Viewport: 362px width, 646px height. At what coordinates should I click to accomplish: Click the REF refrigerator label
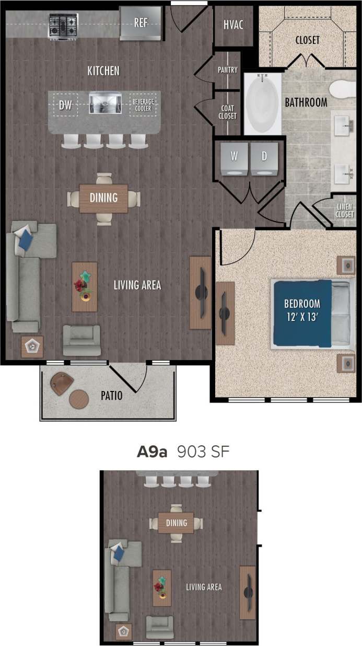pyautogui.click(x=141, y=22)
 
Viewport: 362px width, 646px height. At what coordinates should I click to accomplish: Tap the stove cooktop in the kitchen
pyautogui.click(x=63, y=24)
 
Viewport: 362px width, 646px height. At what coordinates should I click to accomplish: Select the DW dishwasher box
pyautogui.click(x=65, y=105)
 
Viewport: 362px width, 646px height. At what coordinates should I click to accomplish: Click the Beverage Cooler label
pyautogui.click(x=143, y=105)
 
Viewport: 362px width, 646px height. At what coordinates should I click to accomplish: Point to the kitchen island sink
pyautogui.click(x=104, y=103)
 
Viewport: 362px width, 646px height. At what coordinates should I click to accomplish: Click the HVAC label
pyautogui.click(x=233, y=25)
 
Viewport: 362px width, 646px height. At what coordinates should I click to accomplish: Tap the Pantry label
pyautogui.click(x=228, y=70)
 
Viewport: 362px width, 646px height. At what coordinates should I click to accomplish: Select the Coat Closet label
pyautogui.click(x=228, y=112)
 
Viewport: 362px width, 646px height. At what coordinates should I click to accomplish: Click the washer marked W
pyautogui.click(x=234, y=158)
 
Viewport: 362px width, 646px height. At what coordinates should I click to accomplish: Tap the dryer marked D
pyautogui.click(x=264, y=158)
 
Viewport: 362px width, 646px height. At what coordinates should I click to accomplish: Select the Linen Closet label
pyautogui.click(x=345, y=211)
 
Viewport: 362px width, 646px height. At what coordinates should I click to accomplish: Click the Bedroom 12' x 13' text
pyautogui.click(x=302, y=309)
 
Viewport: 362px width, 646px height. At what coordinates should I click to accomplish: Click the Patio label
pyautogui.click(x=111, y=396)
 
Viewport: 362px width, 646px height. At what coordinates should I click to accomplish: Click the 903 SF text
pyautogui.click(x=203, y=452)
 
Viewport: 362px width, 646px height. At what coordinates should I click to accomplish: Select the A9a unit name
pyautogui.click(x=151, y=452)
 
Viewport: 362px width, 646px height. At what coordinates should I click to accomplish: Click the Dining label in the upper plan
pyautogui.click(x=103, y=198)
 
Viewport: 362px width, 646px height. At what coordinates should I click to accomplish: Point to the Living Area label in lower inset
pyautogui.click(x=204, y=587)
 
